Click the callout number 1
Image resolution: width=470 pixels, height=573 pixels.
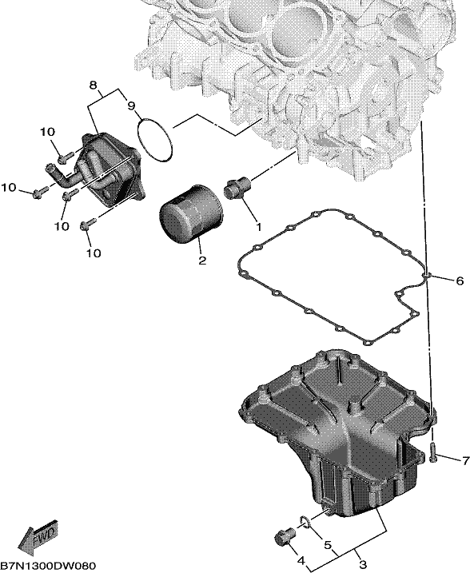(258, 227)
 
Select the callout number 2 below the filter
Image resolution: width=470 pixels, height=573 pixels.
(202, 261)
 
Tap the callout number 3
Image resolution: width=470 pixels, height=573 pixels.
(363, 563)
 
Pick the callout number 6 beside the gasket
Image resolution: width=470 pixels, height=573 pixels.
(460, 281)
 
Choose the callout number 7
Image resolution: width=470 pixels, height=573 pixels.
(465, 461)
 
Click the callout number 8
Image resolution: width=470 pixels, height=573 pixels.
(94, 86)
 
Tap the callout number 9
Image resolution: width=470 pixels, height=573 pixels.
(131, 105)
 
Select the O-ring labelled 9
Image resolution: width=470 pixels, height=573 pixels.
(154, 139)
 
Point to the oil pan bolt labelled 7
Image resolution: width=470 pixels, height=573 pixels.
(433, 452)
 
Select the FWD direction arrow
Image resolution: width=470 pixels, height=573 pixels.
(38, 535)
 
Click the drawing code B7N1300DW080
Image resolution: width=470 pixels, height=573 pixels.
(48, 566)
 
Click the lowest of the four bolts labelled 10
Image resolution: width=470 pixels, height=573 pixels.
(87, 225)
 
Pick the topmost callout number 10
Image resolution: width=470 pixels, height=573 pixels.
(47, 132)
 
